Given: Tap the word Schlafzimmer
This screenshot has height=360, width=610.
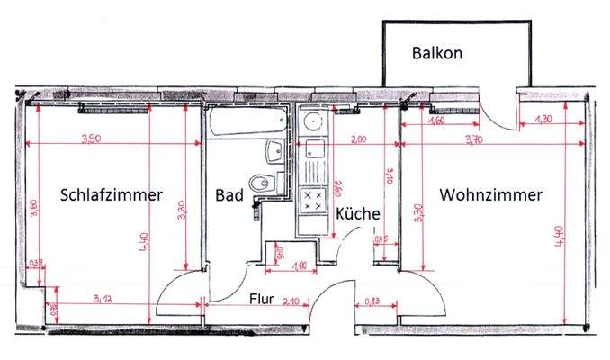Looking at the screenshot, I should [x=112, y=195].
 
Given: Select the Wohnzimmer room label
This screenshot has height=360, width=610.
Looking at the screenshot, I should [x=490, y=195].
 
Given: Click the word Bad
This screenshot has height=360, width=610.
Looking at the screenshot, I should [x=229, y=195].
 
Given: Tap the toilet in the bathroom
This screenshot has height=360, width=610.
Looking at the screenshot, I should [x=263, y=183].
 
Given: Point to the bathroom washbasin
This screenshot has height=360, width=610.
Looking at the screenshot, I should [x=274, y=151].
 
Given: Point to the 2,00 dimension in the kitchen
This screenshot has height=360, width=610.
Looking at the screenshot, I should [x=357, y=139].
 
